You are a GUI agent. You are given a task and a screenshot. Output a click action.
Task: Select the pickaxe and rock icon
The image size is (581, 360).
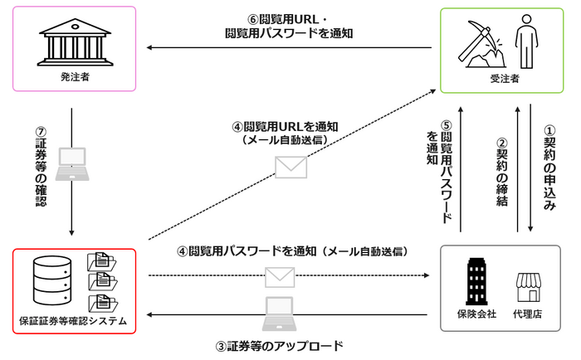482,46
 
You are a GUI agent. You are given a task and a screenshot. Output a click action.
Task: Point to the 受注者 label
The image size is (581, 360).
505,79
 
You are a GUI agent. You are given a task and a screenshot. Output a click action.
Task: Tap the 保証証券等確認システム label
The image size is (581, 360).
73,321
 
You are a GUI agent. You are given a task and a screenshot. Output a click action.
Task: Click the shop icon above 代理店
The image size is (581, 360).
530,287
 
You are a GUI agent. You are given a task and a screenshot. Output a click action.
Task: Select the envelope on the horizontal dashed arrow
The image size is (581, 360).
279,275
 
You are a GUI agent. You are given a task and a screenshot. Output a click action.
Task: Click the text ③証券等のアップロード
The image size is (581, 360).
279,344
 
